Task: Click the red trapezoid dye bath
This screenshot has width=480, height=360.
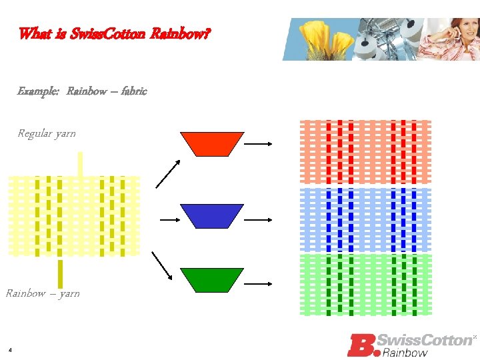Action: point(212,144)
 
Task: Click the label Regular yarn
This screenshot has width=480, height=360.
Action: point(46,133)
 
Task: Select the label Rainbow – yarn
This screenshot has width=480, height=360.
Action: point(43,293)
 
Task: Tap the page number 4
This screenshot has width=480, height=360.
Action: point(11,350)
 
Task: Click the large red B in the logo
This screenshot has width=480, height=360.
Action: point(361,344)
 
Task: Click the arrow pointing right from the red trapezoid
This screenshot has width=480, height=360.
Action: point(259,143)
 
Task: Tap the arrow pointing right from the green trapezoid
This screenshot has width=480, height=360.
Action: point(259,283)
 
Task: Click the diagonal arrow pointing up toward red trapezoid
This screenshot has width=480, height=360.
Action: point(167,174)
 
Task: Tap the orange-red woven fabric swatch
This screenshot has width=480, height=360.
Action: point(366,152)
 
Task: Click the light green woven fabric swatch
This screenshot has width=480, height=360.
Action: point(366,284)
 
